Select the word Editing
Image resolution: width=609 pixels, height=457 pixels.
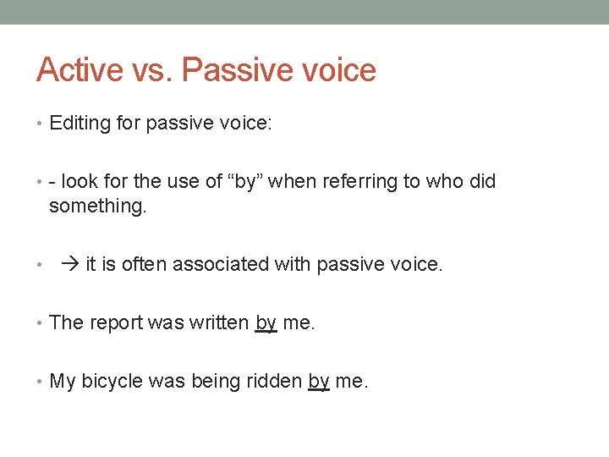click(x=80, y=124)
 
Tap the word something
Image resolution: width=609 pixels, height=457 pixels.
click(x=97, y=206)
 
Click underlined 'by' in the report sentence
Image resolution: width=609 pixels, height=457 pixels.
click(x=266, y=323)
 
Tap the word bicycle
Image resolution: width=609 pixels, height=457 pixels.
click(x=112, y=382)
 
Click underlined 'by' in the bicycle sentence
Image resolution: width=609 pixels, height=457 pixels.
click(x=319, y=382)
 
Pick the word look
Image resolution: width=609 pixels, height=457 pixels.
click(x=80, y=181)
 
